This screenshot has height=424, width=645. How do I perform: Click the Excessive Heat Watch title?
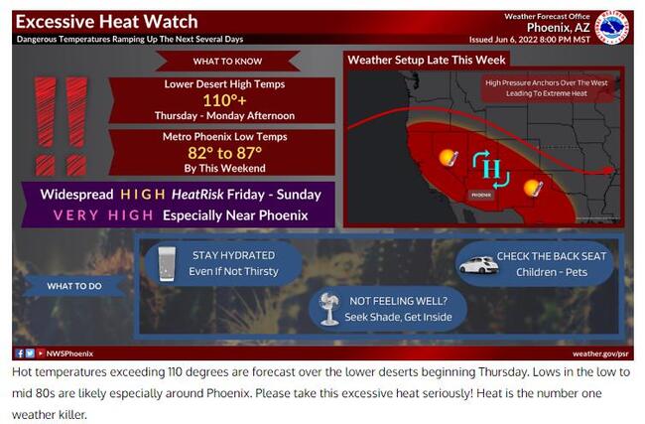pos(107,22)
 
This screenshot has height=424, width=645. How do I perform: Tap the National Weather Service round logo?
pos(612,28)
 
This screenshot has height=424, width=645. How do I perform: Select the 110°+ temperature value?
pos(224,100)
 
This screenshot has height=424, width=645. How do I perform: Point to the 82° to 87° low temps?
pos(224,153)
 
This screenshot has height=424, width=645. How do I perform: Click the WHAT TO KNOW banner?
pos(227,61)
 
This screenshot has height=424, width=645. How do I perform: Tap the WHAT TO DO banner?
pos(74,286)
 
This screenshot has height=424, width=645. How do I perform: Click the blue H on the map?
pos(491,169)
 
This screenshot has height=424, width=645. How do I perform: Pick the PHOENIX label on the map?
pos(481,196)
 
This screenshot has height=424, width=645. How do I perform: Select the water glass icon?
pos(167,264)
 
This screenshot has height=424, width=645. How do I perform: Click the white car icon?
pos(478,265)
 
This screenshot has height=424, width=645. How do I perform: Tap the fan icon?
pos(329,309)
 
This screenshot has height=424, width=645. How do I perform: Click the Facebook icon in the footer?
pos(19,353)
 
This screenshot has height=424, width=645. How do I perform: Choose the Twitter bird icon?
pos(30,353)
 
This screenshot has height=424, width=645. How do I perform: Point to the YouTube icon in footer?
pos(41,353)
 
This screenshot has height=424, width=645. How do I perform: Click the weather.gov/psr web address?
pos(600,353)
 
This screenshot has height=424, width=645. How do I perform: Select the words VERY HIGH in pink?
pos(103,215)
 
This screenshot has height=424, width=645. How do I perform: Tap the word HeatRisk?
pos(197,195)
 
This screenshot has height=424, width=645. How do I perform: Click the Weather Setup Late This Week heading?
pos(427,61)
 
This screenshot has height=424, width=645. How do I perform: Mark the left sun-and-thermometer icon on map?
pos(449,158)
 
